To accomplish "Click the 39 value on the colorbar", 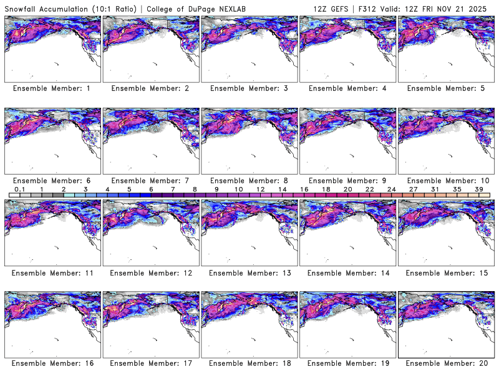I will pos(479,189).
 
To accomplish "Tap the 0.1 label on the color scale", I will pos(19,189).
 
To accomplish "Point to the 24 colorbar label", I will pos(392,189).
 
